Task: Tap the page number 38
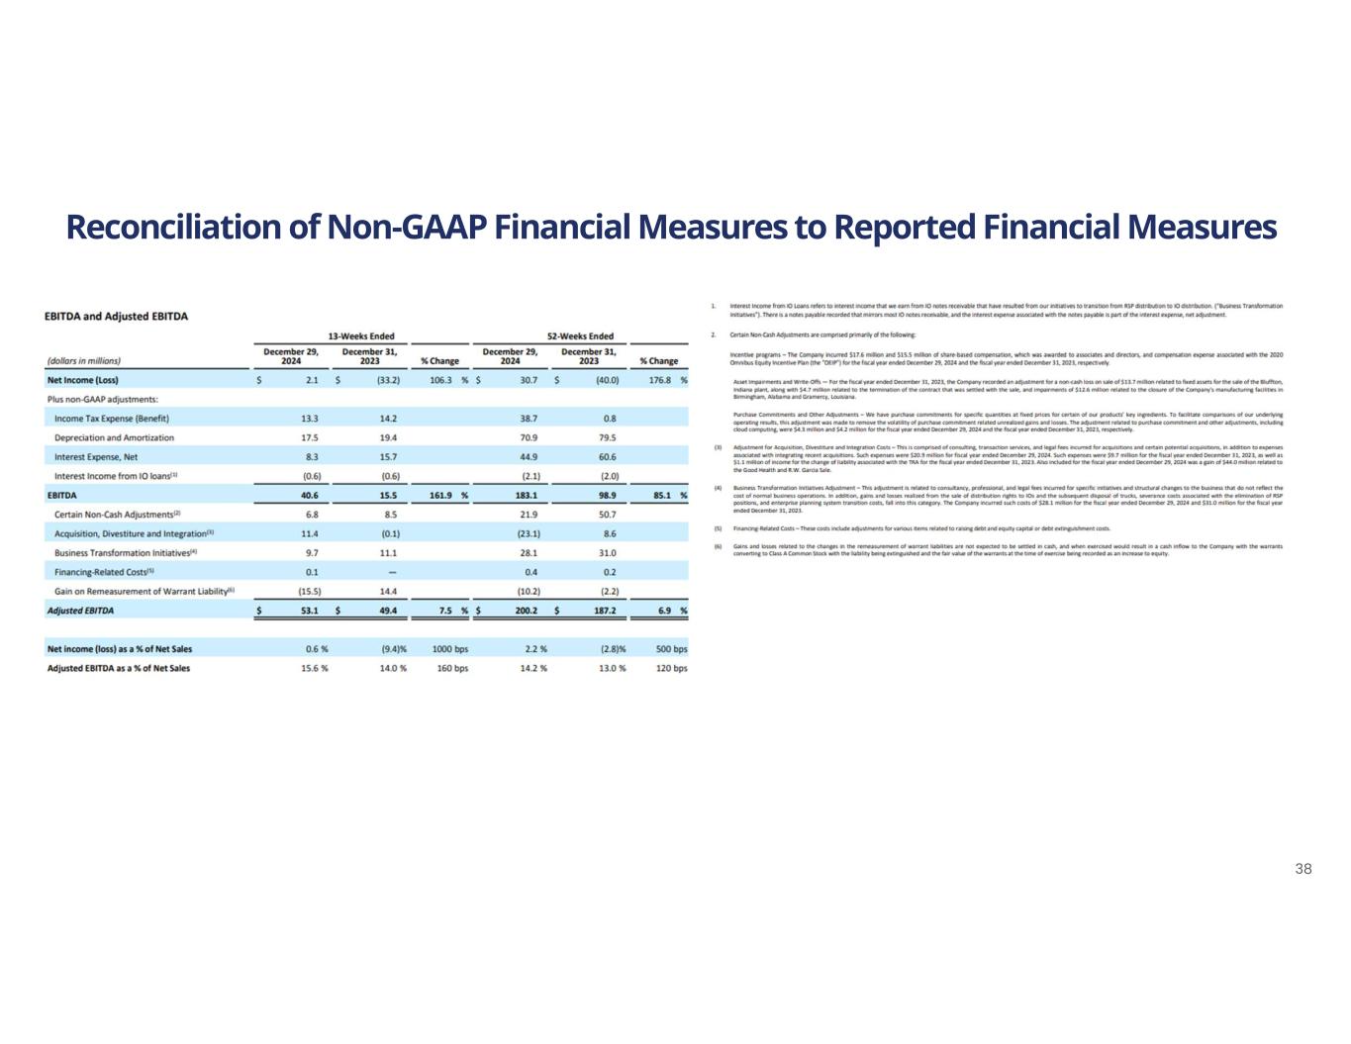pos(1303,869)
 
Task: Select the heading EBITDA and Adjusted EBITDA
pos(117,317)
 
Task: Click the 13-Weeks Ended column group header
pos(361,336)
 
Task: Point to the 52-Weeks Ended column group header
pos(580,336)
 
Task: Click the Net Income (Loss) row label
pos(83,380)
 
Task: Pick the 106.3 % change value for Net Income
pos(440,380)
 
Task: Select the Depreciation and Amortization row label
pos(114,437)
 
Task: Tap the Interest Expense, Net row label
pos(96,457)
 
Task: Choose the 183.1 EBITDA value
pos(527,495)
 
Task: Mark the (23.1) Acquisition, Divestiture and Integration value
pos(529,533)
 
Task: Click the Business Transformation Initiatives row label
pos(126,553)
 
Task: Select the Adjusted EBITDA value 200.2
pos(527,611)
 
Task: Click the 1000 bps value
pos(451,649)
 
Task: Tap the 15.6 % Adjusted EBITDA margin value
pos(316,668)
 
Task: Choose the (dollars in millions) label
pos(84,361)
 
